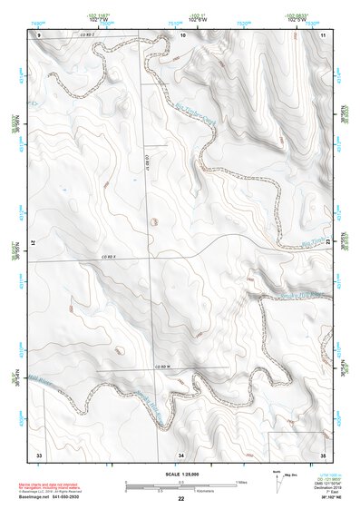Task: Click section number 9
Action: pos(40,34)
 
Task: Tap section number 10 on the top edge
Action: pos(183,34)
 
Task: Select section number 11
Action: pos(324,34)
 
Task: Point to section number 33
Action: pos(39,454)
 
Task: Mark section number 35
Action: pos(324,454)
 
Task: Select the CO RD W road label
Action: pos(162,366)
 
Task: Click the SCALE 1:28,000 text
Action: pos(180,475)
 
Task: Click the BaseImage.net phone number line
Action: pos(63,496)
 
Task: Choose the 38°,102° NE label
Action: pos(322,498)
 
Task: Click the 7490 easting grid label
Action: pos(37,22)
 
